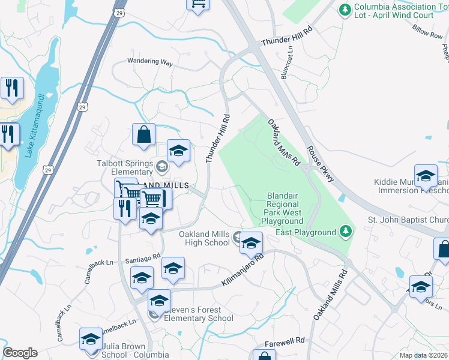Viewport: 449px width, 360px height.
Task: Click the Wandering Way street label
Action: tap(150, 61)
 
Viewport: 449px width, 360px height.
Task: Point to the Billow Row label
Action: tap(427, 31)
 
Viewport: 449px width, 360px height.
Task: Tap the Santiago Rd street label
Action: tap(143, 259)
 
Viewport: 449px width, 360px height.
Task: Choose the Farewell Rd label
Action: tap(286, 340)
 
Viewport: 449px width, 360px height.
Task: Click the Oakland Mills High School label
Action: tap(204, 238)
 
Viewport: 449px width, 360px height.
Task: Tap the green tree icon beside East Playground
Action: tap(345, 231)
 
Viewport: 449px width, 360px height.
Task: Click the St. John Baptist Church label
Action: tap(408, 220)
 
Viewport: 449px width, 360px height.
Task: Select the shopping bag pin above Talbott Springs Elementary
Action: tap(144, 136)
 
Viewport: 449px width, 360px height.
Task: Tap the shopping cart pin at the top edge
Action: tap(197, 4)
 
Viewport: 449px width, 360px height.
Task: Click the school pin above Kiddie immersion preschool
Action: tap(426, 176)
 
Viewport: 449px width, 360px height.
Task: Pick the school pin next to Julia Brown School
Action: tap(91, 338)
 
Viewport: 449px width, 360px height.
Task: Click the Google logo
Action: tap(20, 353)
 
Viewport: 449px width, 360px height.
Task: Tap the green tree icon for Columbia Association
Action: tap(345, 9)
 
